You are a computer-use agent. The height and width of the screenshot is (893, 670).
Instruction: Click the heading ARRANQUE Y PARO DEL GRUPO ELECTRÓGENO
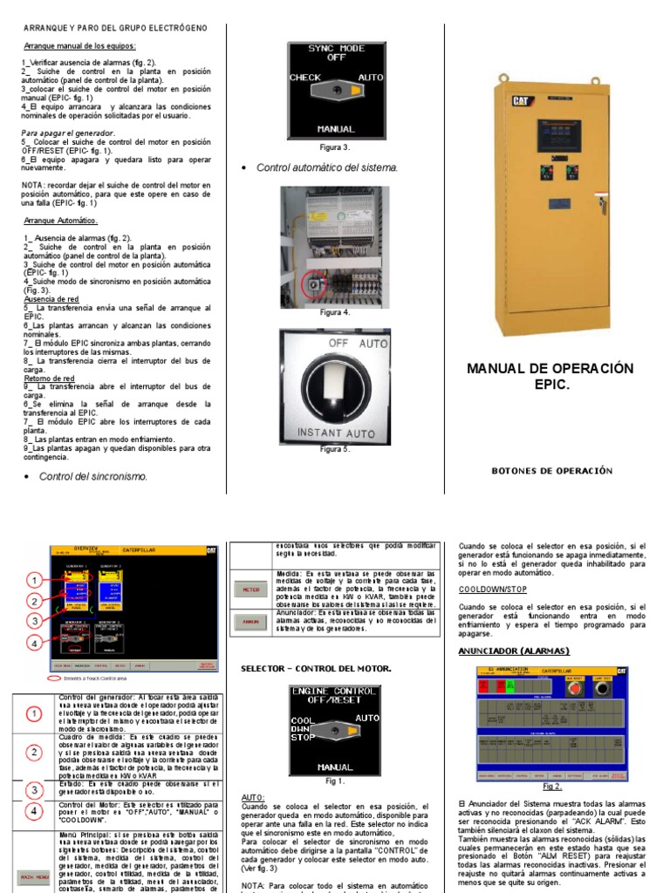pos(114,29)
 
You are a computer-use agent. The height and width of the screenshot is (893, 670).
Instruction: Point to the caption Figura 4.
pos(334,311)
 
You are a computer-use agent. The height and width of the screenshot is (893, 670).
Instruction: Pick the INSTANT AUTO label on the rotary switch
pos(336,432)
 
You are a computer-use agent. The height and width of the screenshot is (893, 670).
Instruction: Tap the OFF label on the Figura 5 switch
pos(338,344)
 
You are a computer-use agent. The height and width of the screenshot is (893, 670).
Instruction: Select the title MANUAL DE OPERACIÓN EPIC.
pos(550,376)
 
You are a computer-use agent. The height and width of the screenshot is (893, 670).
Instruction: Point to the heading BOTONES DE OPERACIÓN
pos(551,471)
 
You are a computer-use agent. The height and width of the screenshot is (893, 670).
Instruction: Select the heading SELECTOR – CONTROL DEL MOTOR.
pos(316,669)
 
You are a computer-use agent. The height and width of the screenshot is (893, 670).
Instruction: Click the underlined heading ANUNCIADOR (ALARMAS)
pos(513,651)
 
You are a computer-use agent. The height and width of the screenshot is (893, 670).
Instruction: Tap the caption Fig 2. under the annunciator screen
pos(552,786)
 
